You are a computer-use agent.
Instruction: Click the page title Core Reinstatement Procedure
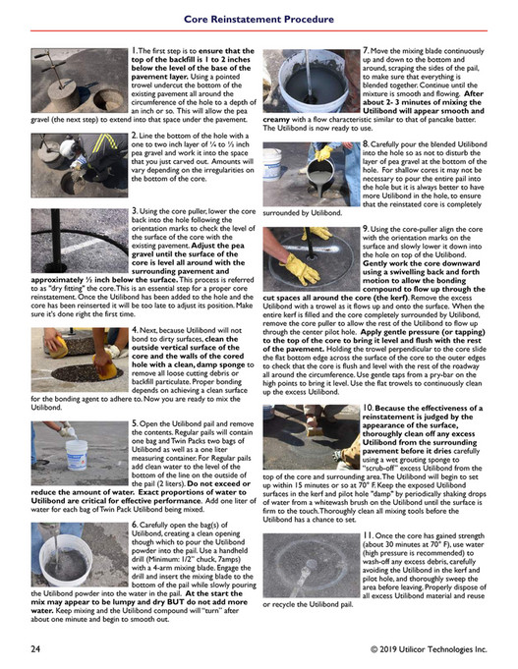coord(259,17)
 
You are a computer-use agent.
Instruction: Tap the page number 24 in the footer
coord(34,649)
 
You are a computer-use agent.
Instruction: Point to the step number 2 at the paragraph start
coord(135,141)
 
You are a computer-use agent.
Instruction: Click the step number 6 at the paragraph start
coord(135,526)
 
